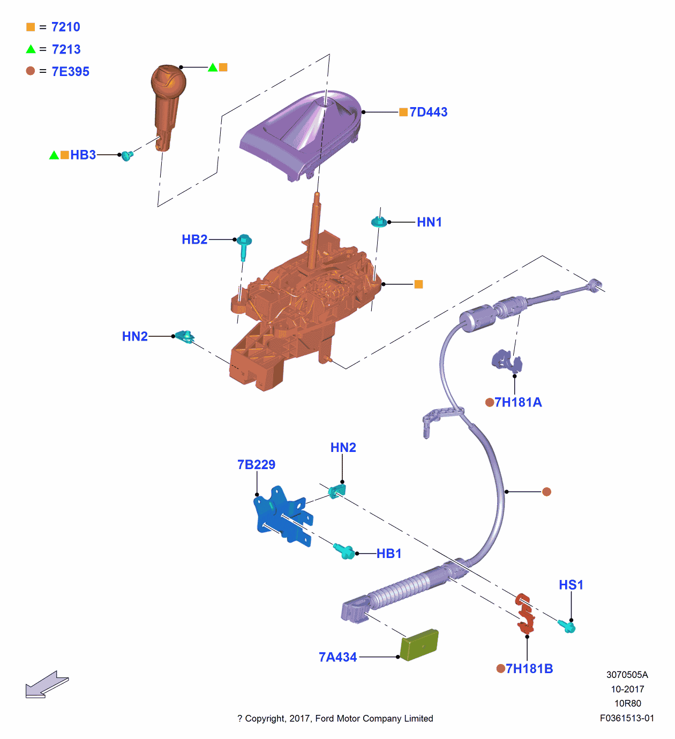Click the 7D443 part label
pos(428,112)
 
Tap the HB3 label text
pos(83,155)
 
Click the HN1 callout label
pos(429,222)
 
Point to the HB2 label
pos(194,239)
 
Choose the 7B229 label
pos(256,464)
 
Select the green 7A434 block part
pos(419,645)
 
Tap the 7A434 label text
pos(337,657)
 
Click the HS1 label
pos(571,585)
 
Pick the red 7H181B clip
pos(525,613)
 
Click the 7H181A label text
pos(518,402)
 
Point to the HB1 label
pos(389,553)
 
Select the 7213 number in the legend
pos(66,49)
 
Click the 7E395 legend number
pos(71,71)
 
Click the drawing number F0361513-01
pos(627,718)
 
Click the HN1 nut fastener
pos(379,221)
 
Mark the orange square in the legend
pos(31,27)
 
